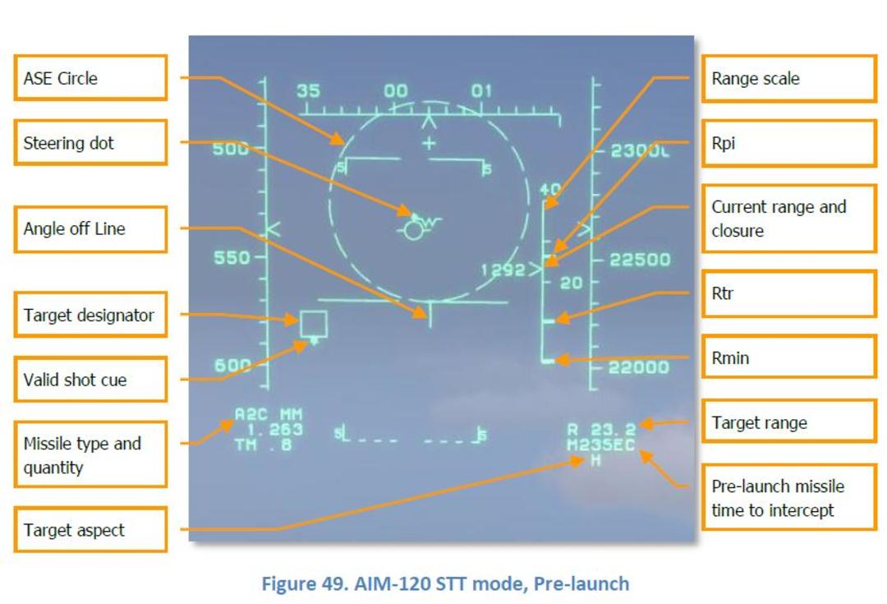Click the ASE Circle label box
(x=90, y=78)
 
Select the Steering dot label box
(x=90, y=143)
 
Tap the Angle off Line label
(x=90, y=228)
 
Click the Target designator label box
(x=90, y=315)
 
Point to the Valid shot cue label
(x=90, y=380)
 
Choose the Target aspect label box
(x=90, y=530)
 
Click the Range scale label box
(x=789, y=79)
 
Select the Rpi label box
(x=789, y=143)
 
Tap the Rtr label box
(x=789, y=294)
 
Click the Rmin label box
(x=789, y=357)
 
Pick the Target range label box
(x=789, y=422)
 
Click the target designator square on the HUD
(x=314, y=324)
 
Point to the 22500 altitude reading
(x=640, y=260)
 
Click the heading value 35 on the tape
(x=308, y=90)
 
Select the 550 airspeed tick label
(x=232, y=257)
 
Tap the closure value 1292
(x=503, y=270)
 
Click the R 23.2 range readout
(x=602, y=430)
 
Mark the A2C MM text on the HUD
(x=269, y=414)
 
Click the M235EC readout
(x=600, y=445)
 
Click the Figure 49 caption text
(x=445, y=583)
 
